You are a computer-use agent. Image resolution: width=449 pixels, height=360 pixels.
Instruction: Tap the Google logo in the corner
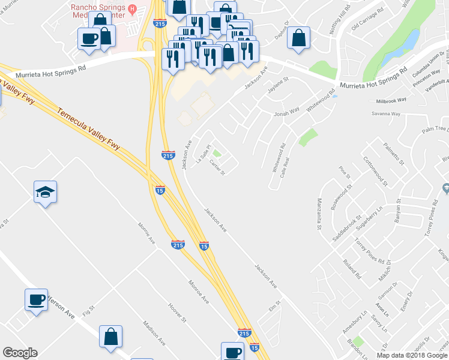pyautogui.click(x=20, y=353)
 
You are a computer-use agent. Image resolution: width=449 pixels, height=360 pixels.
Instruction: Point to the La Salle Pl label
pyautogui.click(x=203, y=154)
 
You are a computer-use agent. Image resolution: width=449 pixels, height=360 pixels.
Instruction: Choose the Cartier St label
pyautogui.click(x=217, y=169)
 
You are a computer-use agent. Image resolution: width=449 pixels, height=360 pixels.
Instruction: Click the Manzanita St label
pyautogui.click(x=319, y=214)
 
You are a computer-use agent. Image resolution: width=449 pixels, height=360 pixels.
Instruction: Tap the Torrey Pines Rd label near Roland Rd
pyautogui.click(x=369, y=251)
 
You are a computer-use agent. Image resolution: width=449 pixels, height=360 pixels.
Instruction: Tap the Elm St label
pyautogui.click(x=275, y=307)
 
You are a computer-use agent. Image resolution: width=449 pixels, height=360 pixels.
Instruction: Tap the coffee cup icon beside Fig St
pyautogui.click(x=36, y=299)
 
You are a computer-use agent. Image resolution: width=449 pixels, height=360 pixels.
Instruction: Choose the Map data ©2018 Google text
pyautogui.click(x=411, y=355)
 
